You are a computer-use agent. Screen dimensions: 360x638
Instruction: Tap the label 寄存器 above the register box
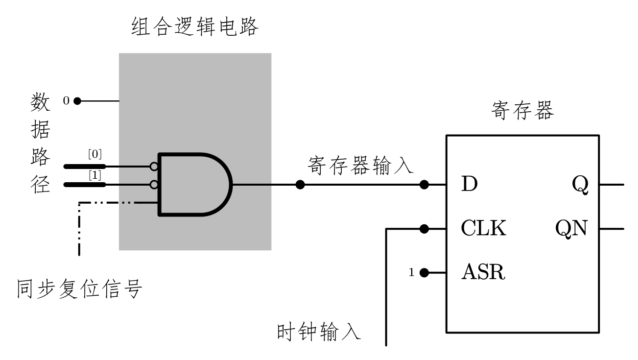[522, 111]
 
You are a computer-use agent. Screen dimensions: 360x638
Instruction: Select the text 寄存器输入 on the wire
[360, 166]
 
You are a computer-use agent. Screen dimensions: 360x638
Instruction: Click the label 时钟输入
[319, 332]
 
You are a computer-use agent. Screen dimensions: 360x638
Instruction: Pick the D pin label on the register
[469, 185]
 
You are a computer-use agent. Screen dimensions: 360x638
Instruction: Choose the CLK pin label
[483, 228]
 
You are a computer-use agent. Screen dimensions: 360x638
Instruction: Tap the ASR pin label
[483, 272]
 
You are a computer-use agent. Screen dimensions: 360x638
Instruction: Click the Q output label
[580, 185]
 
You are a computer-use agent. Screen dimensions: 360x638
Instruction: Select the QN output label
[571, 228]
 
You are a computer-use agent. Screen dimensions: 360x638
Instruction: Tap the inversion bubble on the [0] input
[154, 167]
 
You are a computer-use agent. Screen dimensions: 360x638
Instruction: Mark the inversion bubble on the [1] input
[154, 185]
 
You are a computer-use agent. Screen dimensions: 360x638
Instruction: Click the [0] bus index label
[95, 154]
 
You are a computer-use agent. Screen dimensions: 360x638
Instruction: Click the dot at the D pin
[425, 185]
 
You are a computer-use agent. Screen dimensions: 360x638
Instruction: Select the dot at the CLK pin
[425, 228]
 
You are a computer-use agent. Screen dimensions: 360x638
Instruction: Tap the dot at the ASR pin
[425, 272]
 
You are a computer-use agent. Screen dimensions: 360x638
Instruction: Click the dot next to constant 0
[77, 101]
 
